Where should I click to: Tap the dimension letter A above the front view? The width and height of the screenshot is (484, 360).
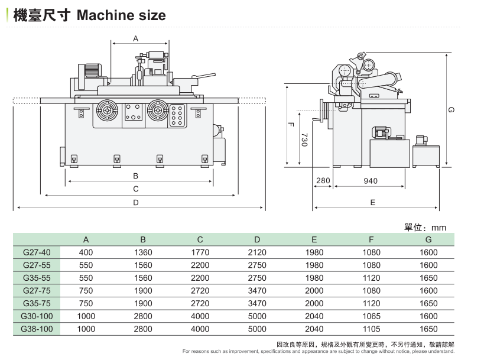click(135, 38)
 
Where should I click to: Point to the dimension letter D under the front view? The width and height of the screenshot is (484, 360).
click(135, 202)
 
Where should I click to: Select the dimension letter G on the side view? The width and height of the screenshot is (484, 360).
click(450, 109)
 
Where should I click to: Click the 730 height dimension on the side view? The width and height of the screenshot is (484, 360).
click(304, 139)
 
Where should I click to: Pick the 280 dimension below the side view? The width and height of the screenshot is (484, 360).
click(323, 181)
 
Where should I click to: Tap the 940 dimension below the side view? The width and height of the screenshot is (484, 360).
click(371, 181)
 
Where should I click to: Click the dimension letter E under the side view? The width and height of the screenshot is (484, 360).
click(372, 202)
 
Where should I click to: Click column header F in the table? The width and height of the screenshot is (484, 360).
click(371, 239)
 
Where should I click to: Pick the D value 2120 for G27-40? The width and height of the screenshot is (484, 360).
click(257, 252)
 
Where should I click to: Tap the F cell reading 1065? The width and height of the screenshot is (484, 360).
click(371, 316)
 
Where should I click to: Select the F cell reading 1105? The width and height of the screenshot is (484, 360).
click(371, 329)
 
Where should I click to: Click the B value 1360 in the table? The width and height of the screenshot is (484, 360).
click(143, 252)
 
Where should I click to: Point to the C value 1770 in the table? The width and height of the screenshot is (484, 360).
click(200, 252)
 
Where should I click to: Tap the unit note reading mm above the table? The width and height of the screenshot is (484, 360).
click(438, 228)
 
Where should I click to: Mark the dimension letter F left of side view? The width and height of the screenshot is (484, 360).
click(291, 125)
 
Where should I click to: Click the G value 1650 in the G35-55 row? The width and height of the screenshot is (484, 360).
click(428, 278)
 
